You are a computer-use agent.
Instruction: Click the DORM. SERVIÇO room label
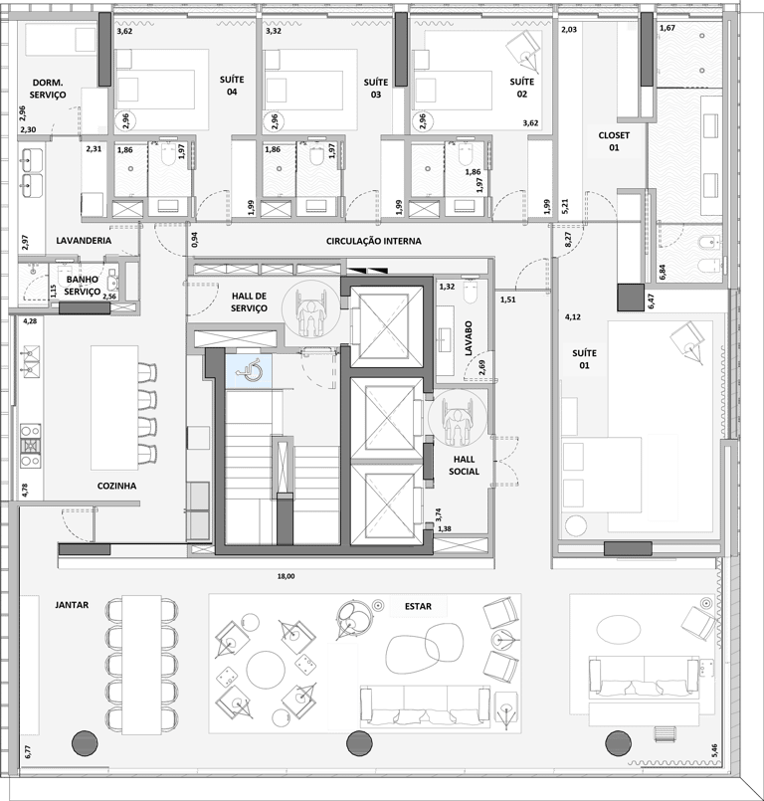point(49,89)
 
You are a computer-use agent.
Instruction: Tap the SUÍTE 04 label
point(232,85)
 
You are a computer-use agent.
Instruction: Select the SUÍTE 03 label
point(375,88)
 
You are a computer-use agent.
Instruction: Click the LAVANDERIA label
point(84,241)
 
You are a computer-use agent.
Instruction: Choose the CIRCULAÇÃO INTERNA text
point(373,241)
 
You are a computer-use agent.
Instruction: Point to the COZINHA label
point(116,486)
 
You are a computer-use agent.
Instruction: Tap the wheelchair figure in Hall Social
point(457,418)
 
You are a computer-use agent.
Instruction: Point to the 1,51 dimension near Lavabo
point(508,300)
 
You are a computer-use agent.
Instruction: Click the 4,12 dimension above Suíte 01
point(573,317)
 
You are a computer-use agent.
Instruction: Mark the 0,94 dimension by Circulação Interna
point(193,238)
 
